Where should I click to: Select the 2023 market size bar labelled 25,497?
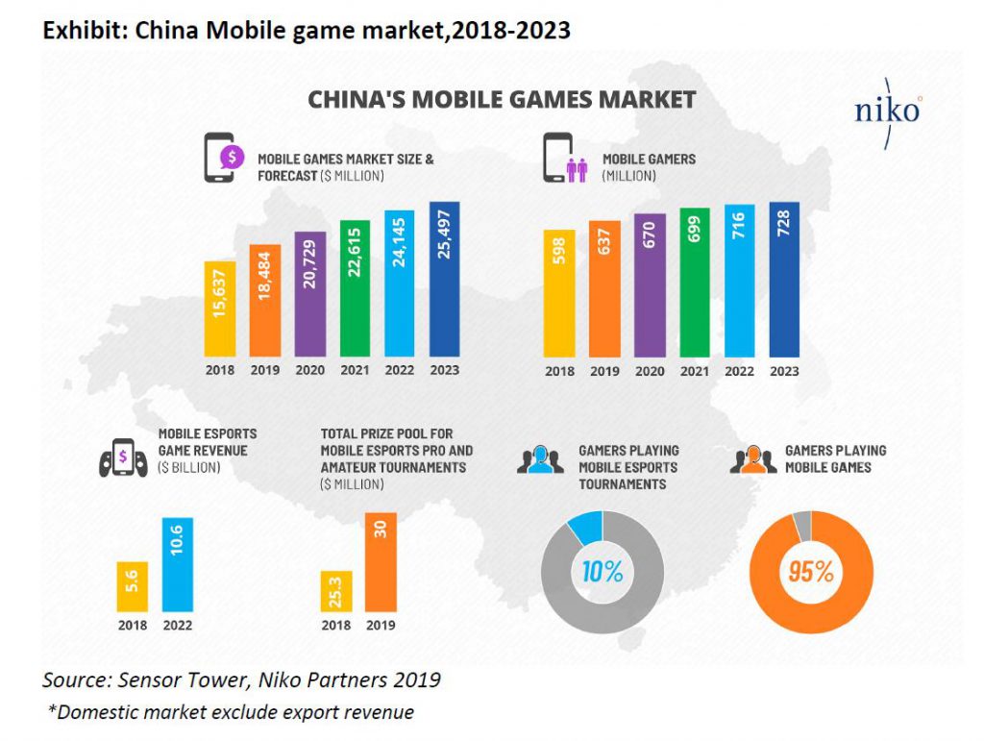tap(444, 279)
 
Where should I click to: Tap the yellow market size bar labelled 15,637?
tap(219, 308)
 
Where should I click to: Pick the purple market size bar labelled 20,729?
tap(310, 293)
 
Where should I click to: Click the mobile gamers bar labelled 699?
tap(694, 282)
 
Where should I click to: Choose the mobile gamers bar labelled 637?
tap(604, 288)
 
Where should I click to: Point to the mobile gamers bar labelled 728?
tap(784, 280)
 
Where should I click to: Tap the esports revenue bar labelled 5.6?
tap(132, 586)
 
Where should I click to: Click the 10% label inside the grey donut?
tap(602, 571)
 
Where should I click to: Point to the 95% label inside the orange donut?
tap(810, 571)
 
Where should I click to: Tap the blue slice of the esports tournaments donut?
tap(584, 526)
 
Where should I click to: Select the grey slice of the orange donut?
tap(800, 524)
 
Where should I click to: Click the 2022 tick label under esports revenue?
tap(178, 625)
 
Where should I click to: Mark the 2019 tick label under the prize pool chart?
tap(381, 625)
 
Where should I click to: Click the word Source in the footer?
tap(74, 680)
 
